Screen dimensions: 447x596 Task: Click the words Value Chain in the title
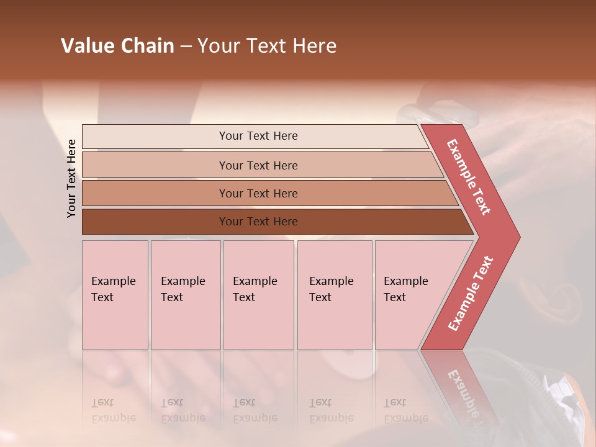click(117, 46)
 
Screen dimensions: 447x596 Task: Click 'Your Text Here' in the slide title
click(267, 46)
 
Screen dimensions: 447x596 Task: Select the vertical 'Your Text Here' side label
click(71, 178)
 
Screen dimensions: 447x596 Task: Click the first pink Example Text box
click(115, 295)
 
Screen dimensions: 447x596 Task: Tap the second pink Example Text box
click(186, 295)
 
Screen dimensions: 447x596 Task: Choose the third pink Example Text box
click(258, 295)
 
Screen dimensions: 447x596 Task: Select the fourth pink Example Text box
click(335, 295)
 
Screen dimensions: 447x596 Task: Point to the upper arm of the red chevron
click(469, 178)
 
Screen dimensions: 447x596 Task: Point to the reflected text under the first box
click(113, 410)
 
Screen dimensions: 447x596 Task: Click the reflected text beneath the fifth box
click(405, 410)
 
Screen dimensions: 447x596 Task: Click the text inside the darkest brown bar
click(258, 222)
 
